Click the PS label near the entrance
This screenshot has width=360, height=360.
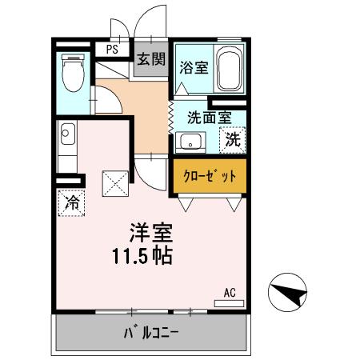(112, 48)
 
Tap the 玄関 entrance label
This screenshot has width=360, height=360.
(150, 59)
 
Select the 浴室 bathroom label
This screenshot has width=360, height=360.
(194, 67)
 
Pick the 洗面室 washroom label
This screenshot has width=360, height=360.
(209, 118)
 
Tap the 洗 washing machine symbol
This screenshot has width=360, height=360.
(232, 139)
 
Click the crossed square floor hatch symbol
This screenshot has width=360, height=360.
(115, 183)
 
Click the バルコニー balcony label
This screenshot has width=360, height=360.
(151, 332)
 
